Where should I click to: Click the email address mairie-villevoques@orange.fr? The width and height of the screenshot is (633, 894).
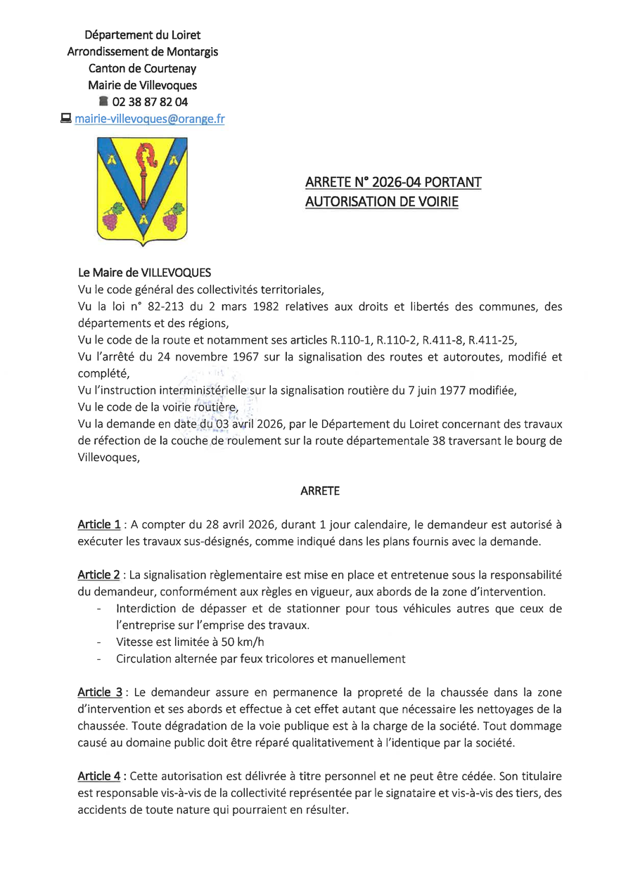[x=150, y=119]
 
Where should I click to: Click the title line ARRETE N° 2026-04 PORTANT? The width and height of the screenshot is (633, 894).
[x=393, y=183]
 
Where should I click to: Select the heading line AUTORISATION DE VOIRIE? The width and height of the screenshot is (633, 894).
[x=381, y=202]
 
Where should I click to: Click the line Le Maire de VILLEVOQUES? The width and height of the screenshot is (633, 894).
[x=144, y=272]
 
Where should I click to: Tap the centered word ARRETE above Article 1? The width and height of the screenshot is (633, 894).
[x=320, y=491]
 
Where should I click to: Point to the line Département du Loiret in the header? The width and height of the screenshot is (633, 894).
[x=143, y=34]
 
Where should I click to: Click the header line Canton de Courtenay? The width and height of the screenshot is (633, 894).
[x=143, y=68]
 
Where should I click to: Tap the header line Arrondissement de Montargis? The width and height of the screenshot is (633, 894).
[x=143, y=51]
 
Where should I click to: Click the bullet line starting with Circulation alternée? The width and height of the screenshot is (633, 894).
[x=261, y=659]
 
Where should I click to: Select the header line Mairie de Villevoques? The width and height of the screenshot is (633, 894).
[x=143, y=85]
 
